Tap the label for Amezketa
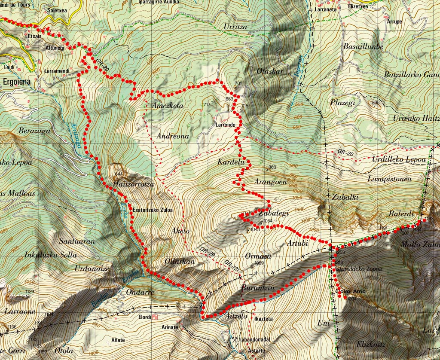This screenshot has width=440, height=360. point(168,106)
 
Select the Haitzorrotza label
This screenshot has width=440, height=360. point(133,184)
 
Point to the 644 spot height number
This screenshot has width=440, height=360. point(119,174)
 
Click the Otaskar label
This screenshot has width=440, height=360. point(269,71)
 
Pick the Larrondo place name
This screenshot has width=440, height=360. point(226,125)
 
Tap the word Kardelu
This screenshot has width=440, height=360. point(231,162)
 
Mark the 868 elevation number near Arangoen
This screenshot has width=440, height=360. point(272,167)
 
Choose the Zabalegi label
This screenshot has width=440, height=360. point(274,213)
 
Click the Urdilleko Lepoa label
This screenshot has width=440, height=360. point(399,159)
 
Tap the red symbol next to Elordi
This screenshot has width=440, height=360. point(155,317)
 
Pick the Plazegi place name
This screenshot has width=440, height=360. point(342,103)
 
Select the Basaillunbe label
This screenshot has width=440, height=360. point(363,46)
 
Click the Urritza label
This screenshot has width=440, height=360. point(235,27)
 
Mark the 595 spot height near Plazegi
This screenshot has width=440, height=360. point(376,102)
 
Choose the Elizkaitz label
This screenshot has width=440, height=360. point(371,345)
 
